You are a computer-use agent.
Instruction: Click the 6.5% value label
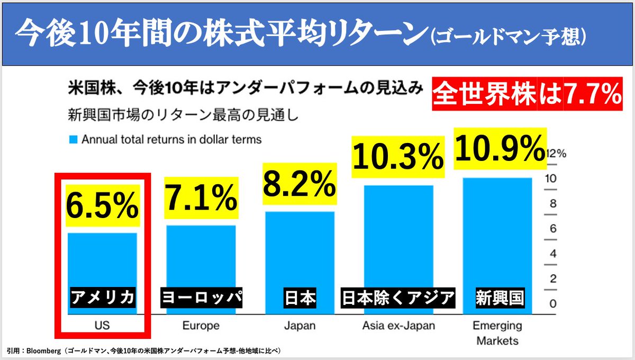click(x=102, y=206)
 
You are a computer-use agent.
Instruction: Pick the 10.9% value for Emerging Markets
click(x=500, y=148)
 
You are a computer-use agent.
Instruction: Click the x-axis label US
click(x=102, y=325)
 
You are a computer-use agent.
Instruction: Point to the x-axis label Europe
click(x=201, y=325)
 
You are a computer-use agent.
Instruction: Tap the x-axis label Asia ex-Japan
click(x=398, y=325)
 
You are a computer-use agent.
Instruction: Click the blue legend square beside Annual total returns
click(x=72, y=140)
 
